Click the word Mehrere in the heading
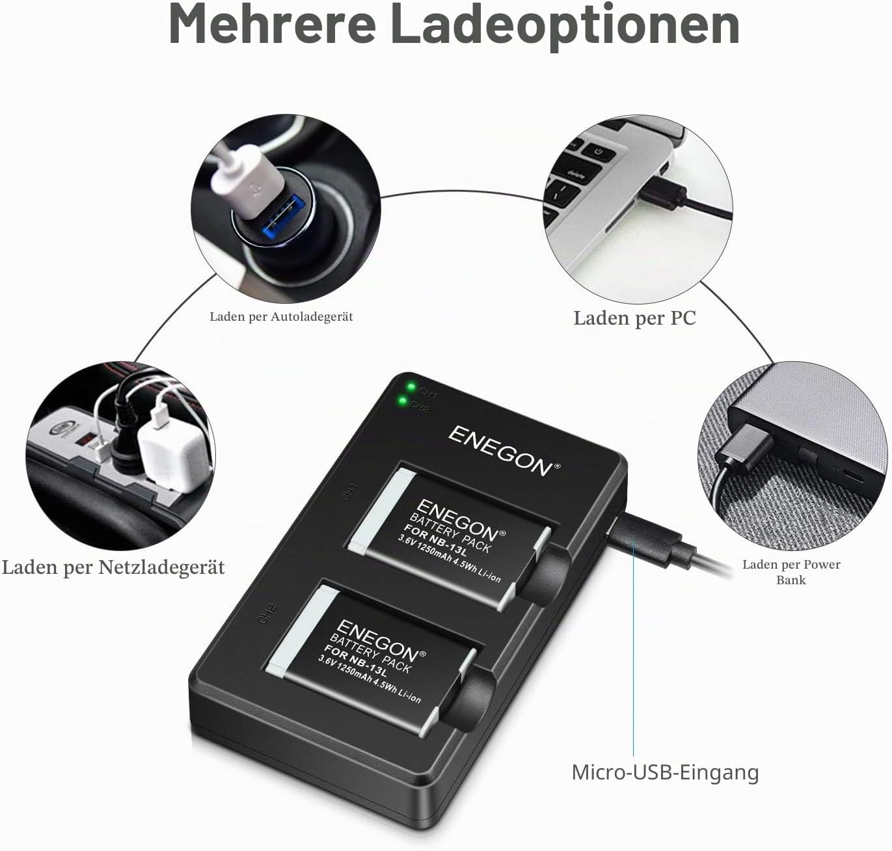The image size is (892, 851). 272,24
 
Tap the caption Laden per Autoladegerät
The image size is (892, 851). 281,317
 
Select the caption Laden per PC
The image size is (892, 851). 634,318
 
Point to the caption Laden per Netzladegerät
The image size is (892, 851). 113,568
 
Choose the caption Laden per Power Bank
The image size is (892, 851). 791,572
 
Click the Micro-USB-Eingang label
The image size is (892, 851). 665,772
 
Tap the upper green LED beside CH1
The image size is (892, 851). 411,387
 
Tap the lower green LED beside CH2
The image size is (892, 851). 402,401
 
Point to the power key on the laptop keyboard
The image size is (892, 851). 599,151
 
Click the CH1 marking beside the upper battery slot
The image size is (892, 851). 350,493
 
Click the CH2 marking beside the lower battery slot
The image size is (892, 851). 267,613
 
